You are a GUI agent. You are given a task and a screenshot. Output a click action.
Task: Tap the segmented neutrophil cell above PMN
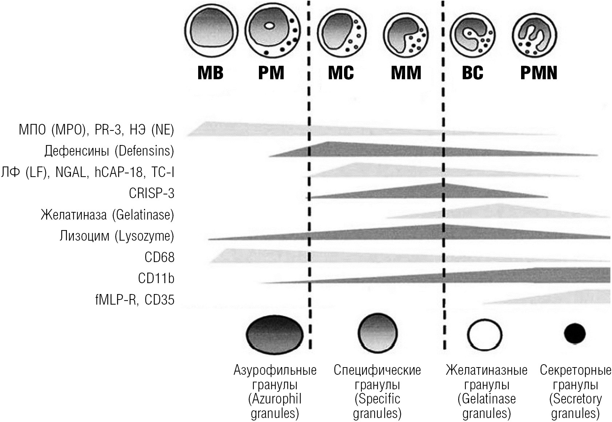point(535,35)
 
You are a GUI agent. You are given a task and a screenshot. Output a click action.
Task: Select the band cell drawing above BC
point(473,35)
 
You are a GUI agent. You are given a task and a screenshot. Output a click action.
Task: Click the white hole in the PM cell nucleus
point(269,26)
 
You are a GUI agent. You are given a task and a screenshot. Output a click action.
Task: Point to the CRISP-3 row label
point(152,193)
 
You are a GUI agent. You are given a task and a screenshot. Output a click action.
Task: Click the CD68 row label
point(159,257)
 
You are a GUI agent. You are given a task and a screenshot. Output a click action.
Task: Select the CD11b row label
point(156,279)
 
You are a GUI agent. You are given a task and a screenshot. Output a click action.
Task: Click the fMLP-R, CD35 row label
point(135,300)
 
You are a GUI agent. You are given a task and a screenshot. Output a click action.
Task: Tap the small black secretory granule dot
point(575,333)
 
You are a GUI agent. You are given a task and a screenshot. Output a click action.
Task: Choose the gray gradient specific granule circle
point(377,333)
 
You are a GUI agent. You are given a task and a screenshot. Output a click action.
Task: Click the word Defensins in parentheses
point(144,151)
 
